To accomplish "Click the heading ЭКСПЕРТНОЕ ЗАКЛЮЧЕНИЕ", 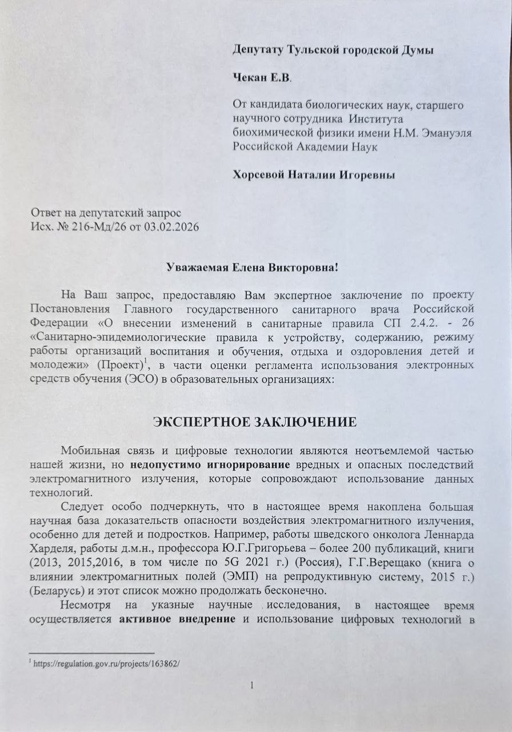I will (255, 423).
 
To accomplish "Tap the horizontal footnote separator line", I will (91, 653).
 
